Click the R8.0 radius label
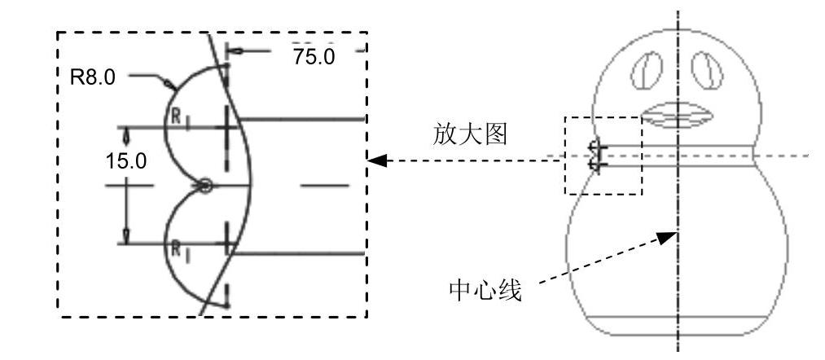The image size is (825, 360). coord(94,77)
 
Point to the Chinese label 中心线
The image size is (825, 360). coord(485,290)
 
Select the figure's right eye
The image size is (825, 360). coord(707,70)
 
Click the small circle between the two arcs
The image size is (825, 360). coord(205,187)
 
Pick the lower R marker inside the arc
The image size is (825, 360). coord(174,248)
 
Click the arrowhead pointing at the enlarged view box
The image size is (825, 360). coord(376,161)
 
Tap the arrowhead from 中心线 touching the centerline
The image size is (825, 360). coord(669,236)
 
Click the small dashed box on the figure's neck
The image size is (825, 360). coord(603,156)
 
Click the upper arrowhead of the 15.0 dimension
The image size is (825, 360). coord(125,132)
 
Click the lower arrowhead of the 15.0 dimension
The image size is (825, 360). coord(125,238)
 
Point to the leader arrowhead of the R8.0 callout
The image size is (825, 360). coord(169,84)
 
